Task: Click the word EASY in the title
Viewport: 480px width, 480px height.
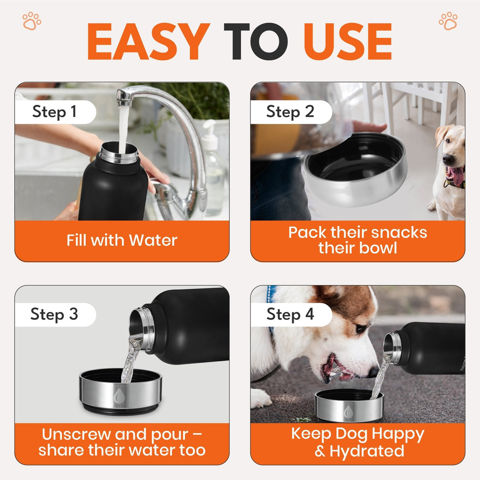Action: pos(148,42)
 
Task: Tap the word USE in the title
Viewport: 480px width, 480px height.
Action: pos(348,42)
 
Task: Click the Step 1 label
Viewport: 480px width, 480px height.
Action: pos(54,112)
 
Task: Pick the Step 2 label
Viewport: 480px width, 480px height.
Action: pos(290,112)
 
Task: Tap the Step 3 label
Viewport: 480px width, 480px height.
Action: pos(54,314)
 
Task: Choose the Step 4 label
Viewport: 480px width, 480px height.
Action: pos(290,314)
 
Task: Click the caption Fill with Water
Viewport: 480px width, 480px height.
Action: pos(122,240)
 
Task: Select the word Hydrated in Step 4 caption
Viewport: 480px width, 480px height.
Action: pos(367,451)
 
